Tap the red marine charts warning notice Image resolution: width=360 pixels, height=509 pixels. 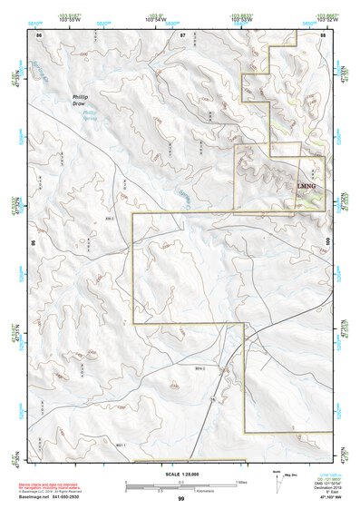click(45, 483)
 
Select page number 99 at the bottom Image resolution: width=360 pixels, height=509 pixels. click(181, 499)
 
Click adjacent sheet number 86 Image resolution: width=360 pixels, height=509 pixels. click(39, 34)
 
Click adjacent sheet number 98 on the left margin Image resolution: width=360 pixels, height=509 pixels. click(34, 243)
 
